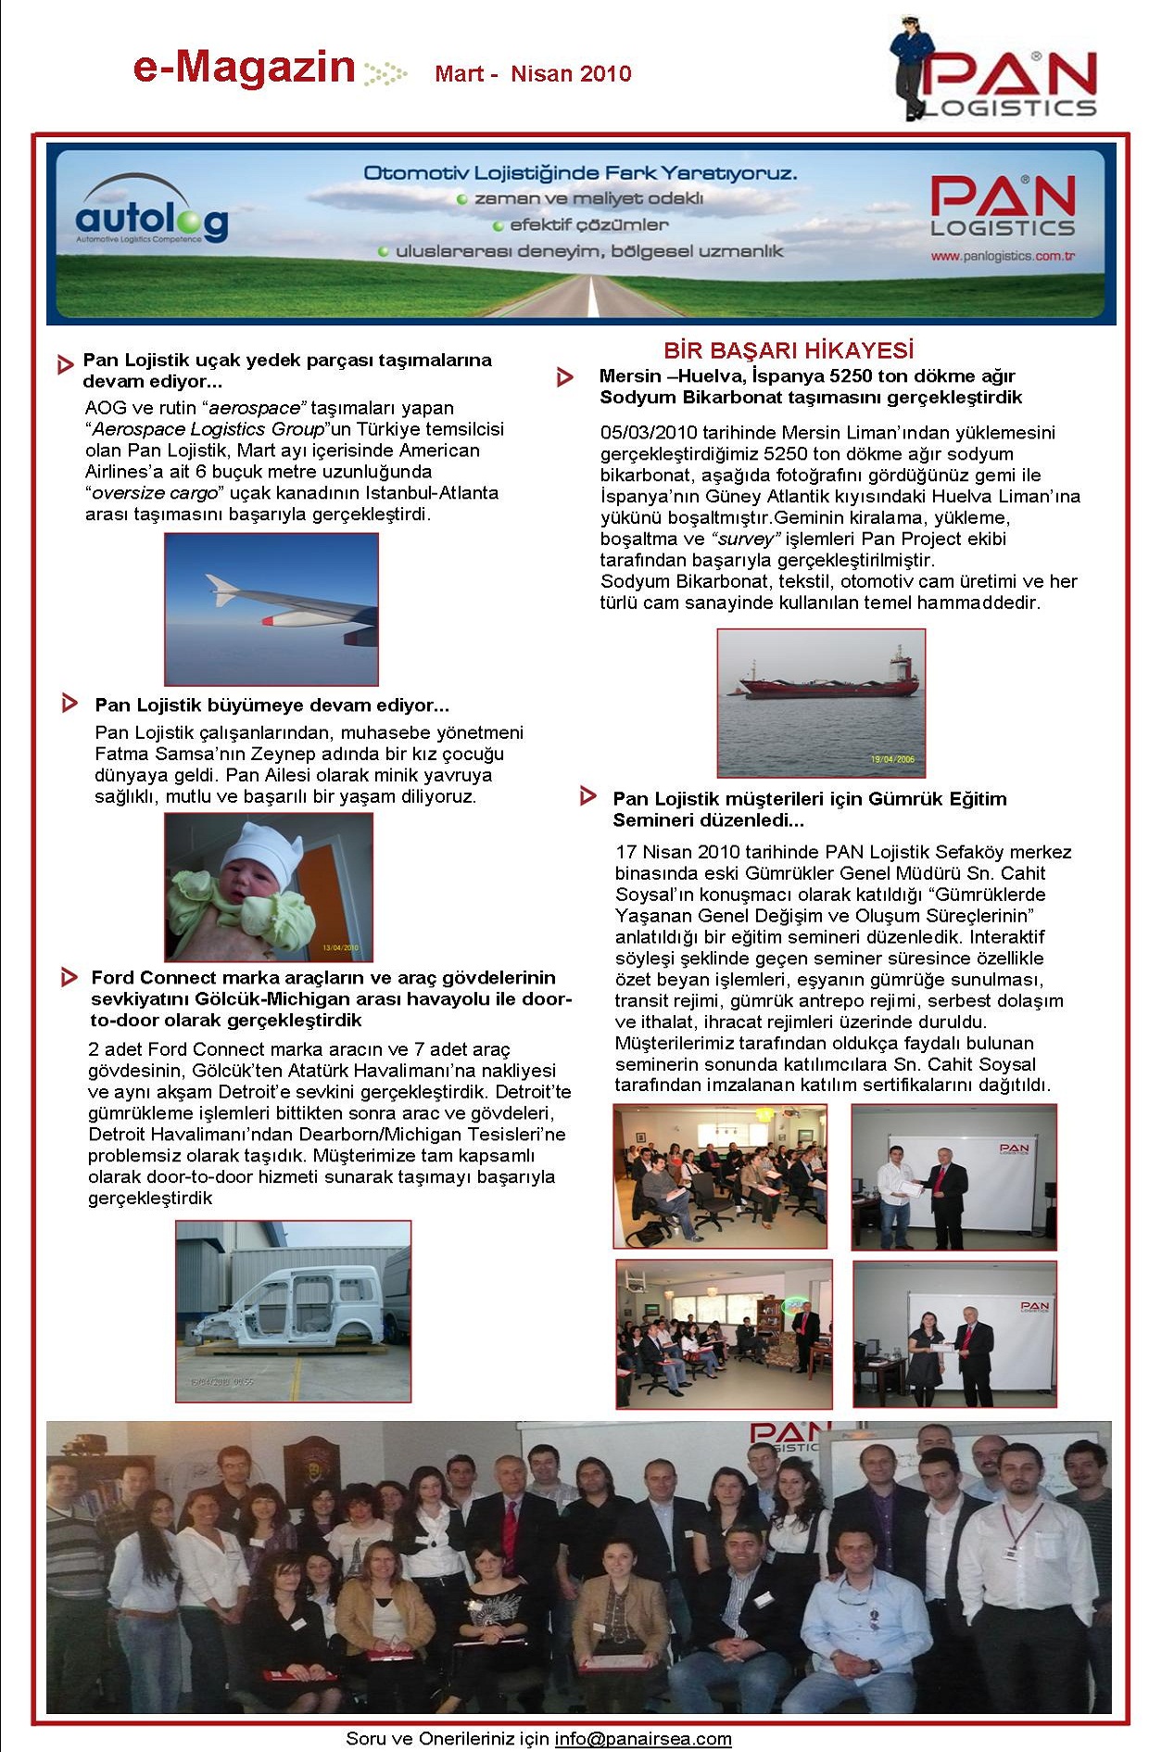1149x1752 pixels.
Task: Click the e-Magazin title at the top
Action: click(x=244, y=68)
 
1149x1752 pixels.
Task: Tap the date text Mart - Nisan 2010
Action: click(x=533, y=74)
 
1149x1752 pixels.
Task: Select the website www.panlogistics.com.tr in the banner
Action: click(x=1003, y=256)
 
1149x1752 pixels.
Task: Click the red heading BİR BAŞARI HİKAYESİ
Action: click(x=789, y=350)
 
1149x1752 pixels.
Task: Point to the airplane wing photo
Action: click(x=271, y=609)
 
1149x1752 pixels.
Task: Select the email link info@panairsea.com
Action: click(x=643, y=1739)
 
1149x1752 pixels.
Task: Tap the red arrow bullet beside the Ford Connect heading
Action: click(x=69, y=977)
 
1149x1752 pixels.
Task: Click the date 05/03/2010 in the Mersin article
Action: click(x=648, y=433)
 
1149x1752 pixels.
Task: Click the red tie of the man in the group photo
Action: click(x=509, y=1530)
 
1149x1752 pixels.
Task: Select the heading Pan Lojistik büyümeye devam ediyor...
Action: click(x=271, y=705)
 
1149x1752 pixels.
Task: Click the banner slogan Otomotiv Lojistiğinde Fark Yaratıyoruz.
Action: click(x=580, y=173)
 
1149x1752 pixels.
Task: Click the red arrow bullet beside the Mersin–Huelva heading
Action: click(x=564, y=377)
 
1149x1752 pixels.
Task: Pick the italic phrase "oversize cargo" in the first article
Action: click(x=156, y=493)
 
